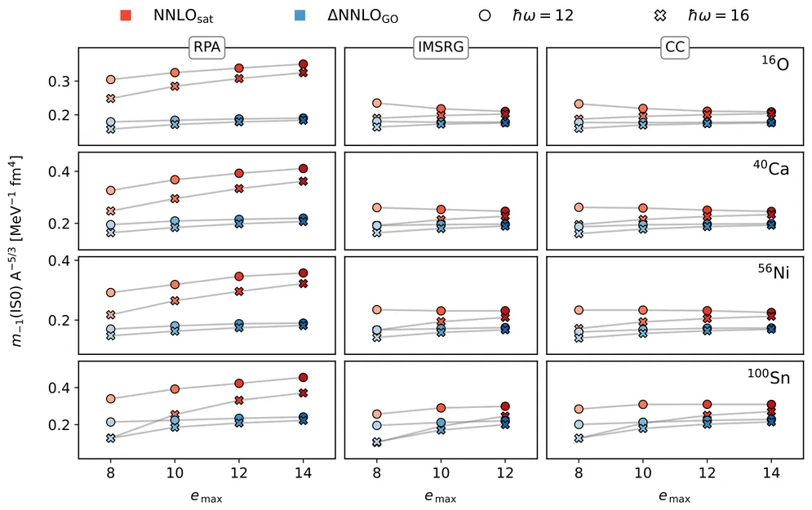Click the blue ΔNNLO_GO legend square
300,16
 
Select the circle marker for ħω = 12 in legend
486,16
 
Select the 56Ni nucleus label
774,274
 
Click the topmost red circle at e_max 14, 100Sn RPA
303,378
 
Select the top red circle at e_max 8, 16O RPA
110,80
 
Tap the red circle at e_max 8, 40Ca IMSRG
376,208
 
